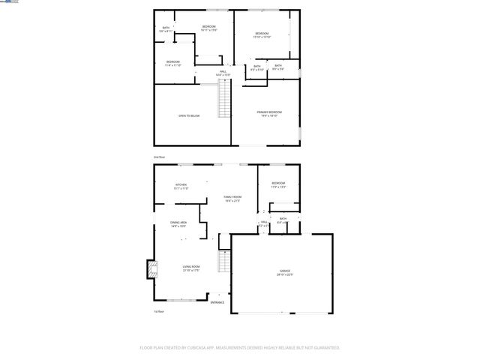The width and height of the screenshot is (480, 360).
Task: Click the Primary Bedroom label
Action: [x=271, y=113]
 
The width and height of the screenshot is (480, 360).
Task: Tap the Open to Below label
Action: [x=189, y=115]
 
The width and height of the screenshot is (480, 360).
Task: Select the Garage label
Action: [x=286, y=271]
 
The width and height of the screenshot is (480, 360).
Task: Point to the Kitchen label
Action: [x=181, y=184]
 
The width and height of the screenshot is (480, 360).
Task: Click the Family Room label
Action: [x=232, y=198]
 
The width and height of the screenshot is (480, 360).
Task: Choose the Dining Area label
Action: [x=178, y=223]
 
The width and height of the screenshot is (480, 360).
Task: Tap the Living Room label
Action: [x=190, y=266]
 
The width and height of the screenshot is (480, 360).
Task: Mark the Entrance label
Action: [x=217, y=302]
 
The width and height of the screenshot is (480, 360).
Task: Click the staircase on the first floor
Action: [x=223, y=262]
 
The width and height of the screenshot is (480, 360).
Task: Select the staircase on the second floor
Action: [x=223, y=100]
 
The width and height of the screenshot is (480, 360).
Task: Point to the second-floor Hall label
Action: [x=223, y=72]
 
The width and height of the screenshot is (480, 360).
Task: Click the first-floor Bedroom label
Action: [x=279, y=183]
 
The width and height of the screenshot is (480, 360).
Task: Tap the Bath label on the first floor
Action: [x=283, y=219]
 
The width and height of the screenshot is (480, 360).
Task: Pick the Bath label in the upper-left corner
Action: [x=166, y=28]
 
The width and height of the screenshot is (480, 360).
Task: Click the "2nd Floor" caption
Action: [x=159, y=157]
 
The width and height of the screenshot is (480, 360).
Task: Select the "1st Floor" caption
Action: [x=158, y=310]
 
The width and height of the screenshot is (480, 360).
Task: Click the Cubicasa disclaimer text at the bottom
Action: [x=240, y=348]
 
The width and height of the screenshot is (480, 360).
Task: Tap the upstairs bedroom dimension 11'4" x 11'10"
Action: [x=173, y=65]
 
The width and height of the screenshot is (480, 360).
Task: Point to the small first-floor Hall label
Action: [x=264, y=223]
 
